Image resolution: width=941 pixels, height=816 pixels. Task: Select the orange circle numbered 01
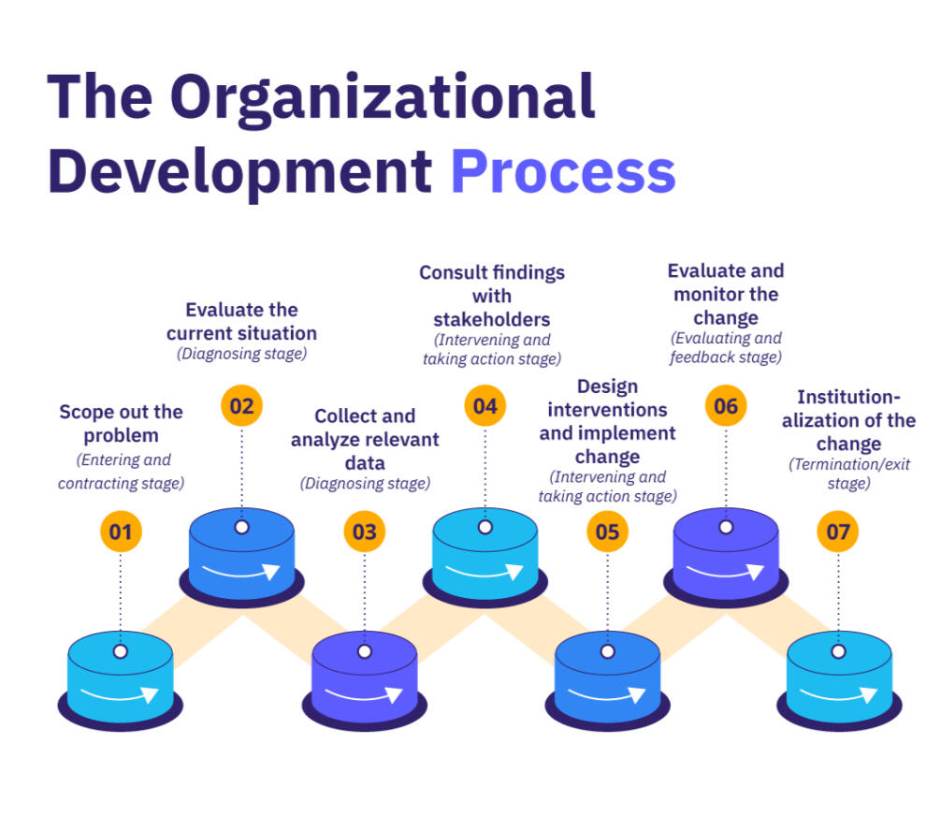[x=121, y=532]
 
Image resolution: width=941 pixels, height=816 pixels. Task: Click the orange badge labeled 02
[x=242, y=406]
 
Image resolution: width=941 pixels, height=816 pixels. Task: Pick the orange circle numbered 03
[x=364, y=532]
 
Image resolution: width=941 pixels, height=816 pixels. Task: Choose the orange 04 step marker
[x=485, y=406]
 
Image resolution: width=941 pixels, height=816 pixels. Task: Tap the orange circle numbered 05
[x=607, y=532]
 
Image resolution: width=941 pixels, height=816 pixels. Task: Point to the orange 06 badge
[x=726, y=406]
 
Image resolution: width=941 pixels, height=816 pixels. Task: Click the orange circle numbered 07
[x=838, y=532]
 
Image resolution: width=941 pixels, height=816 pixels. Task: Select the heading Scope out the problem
[x=121, y=423]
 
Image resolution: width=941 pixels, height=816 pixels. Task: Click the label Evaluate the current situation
[x=241, y=321]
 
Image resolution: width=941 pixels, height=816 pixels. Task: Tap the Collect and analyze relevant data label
[x=364, y=439]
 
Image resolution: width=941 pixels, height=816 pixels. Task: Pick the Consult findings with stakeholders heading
[x=492, y=296]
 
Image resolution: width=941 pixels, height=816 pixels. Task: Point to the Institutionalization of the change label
[x=848, y=420]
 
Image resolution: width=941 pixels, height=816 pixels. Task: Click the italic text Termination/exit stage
[x=848, y=474]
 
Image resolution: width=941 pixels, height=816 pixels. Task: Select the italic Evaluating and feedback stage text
[x=726, y=347]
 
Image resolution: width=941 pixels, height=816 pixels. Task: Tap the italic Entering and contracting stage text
[x=121, y=471]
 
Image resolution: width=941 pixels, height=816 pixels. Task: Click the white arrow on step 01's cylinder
[x=120, y=693]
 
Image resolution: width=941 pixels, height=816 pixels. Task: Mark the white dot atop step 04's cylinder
[x=485, y=527]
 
